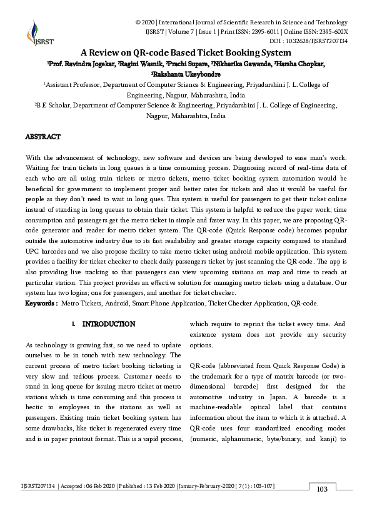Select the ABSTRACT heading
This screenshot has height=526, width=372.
click(x=43, y=136)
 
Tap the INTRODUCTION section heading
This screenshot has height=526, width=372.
click(x=108, y=324)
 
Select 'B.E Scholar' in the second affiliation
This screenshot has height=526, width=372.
click(x=54, y=106)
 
